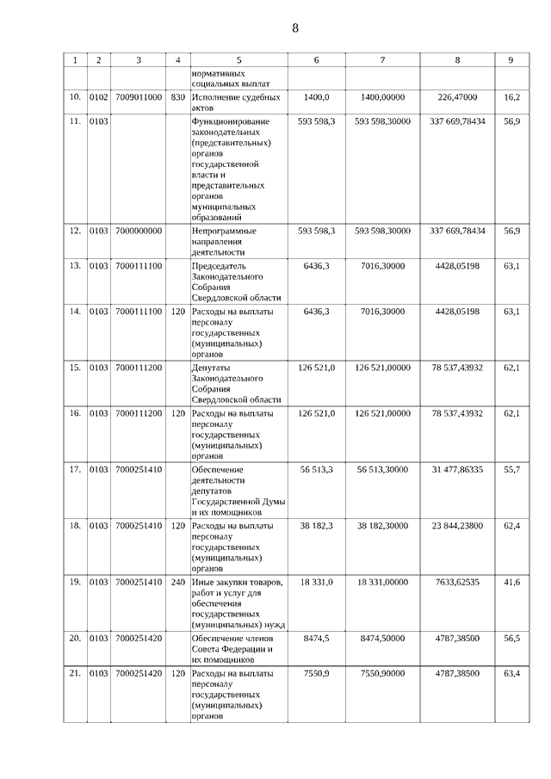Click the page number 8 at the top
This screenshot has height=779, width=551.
click(x=295, y=28)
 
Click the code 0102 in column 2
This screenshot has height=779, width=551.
click(x=98, y=97)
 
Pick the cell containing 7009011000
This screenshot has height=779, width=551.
click(x=138, y=97)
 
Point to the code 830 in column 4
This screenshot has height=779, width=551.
click(x=177, y=97)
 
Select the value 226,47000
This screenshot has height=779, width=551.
click(x=456, y=97)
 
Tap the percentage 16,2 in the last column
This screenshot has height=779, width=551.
click(x=511, y=97)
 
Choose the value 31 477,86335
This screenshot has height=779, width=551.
click(x=456, y=469)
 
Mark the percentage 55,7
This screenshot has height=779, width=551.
click(x=511, y=469)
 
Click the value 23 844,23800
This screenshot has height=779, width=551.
click(x=456, y=524)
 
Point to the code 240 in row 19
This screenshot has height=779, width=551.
click(x=177, y=583)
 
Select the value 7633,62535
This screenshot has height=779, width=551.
click(x=456, y=583)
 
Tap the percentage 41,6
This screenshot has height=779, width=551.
click(x=511, y=583)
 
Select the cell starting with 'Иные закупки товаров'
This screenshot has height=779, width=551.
click(x=238, y=603)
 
